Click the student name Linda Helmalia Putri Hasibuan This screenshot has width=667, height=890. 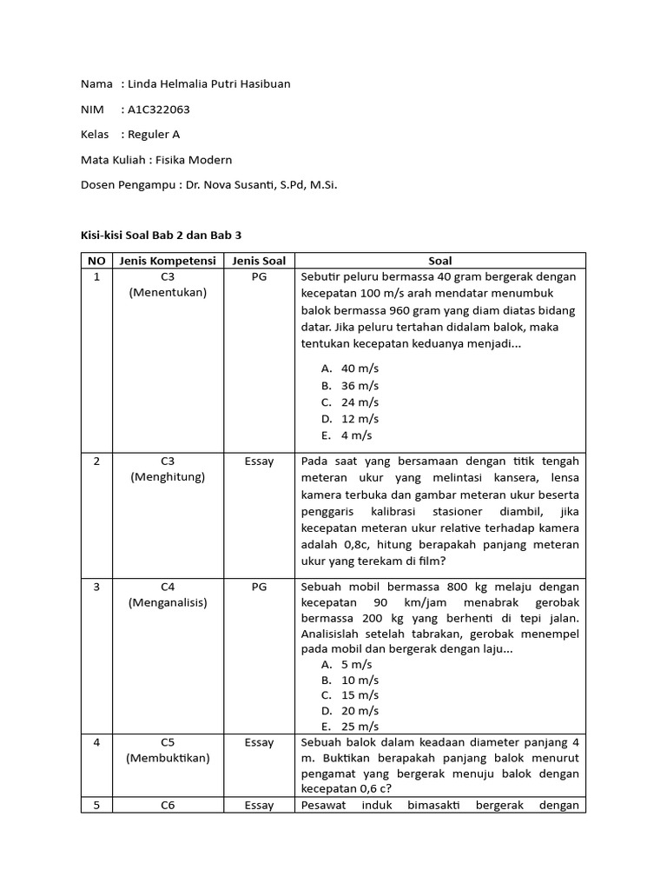click(208, 84)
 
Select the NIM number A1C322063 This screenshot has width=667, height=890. click(158, 110)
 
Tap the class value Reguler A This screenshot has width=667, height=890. click(154, 135)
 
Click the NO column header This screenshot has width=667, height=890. click(96, 261)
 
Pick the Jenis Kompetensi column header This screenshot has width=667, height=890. click(168, 261)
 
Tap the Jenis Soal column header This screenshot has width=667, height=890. click(259, 261)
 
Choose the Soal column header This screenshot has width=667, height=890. click(440, 261)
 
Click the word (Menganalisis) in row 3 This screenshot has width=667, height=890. click(168, 602)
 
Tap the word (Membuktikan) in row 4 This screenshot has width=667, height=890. click(168, 758)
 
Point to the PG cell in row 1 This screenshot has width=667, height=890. click(259, 276)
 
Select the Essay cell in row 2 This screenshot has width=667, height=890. click(259, 462)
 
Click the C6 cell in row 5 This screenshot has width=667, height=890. click(168, 806)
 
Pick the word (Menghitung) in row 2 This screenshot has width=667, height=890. click(168, 477)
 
